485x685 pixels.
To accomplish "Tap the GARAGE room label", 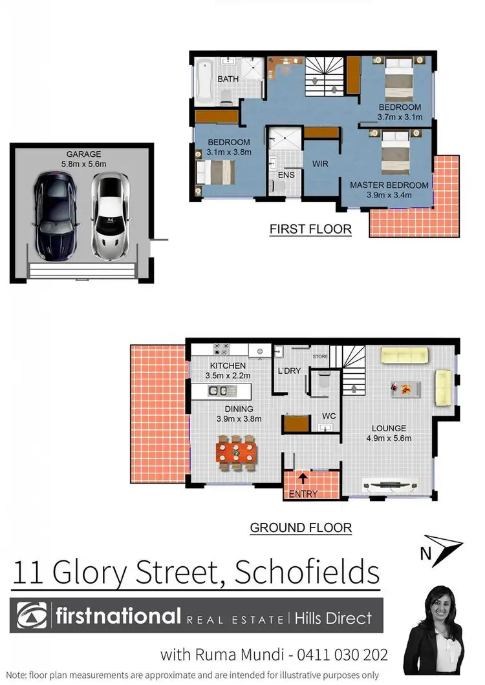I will pos(83,154).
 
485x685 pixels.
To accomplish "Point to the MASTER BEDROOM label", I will pos(389,185).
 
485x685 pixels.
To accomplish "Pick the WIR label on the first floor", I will pos(321,164).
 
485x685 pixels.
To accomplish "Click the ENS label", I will pos(286,175).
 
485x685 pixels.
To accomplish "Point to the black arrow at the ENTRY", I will pos(303,478).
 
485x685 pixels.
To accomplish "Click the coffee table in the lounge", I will pos(405,389).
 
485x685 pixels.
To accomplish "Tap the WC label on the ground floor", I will pos(329,416).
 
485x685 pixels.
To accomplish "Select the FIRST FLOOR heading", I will pos(310,229).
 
